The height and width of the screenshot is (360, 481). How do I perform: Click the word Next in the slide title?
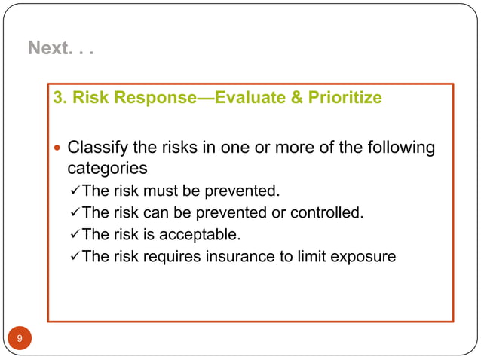point(47,48)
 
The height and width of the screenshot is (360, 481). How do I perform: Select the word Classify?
point(96,147)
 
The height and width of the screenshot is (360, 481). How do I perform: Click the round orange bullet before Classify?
point(57,148)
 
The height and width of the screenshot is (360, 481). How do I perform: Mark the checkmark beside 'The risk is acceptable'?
point(74,234)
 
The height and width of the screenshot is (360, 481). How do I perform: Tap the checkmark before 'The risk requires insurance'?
point(74,256)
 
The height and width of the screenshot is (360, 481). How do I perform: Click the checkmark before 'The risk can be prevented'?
point(74,212)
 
